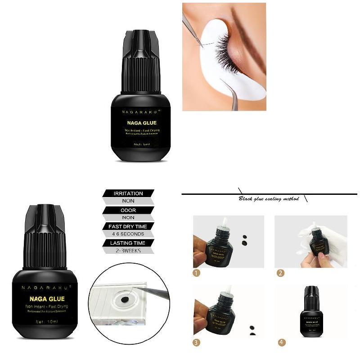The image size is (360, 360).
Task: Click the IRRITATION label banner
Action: pyautogui.click(x=128, y=193)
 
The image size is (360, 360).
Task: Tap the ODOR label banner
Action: pyautogui.click(x=128, y=210)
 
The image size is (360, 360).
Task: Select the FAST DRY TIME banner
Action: pyautogui.click(x=128, y=226)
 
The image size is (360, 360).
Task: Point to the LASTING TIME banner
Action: pyautogui.click(x=128, y=243)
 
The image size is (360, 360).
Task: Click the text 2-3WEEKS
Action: pyautogui.click(x=128, y=251)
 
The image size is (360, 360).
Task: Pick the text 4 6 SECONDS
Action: pyautogui.click(x=128, y=234)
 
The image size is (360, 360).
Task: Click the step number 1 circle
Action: pyautogui.click(x=196, y=273)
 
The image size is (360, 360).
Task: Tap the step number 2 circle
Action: pyautogui.click(x=280, y=273)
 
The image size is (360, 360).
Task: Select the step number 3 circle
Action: pyautogui.click(x=196, y=342)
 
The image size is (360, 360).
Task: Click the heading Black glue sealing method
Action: pyautogui.click(x=269, y=198)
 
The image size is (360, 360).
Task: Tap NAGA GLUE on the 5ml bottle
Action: pyautogui.click(x=142, y=122)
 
